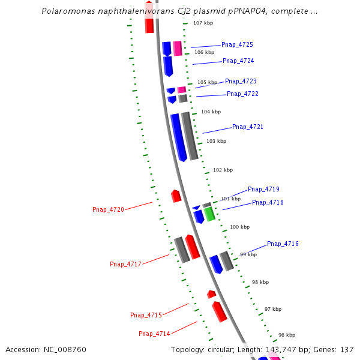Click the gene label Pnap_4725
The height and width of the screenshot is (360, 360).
coord(237,45)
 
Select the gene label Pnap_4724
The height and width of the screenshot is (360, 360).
coord(238,61)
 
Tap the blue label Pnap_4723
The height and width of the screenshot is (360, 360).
coord(241,82)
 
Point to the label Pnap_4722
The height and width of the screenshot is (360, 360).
coord(242,94)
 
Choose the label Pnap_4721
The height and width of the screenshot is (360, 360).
coord(248,127)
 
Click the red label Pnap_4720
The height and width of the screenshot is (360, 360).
coord(108,210)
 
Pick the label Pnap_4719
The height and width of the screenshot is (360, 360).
coord(263,190)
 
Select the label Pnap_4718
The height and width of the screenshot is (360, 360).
coord(268,203)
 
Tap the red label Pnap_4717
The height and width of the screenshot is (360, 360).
coord(125,265)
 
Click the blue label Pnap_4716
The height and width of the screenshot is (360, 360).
coord(283,244)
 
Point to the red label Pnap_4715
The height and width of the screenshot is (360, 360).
coord(146,316)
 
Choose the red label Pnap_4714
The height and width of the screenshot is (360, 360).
coord(154,334)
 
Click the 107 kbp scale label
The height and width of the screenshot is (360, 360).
coord(203,23)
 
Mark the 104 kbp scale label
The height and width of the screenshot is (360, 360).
coord(211,112)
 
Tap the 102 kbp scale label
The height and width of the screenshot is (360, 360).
coord(223,170)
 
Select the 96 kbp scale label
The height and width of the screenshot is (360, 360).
coord(287,335)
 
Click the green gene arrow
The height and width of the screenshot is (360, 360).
coord(209,214)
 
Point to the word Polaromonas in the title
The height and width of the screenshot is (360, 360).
coord(69,11)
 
